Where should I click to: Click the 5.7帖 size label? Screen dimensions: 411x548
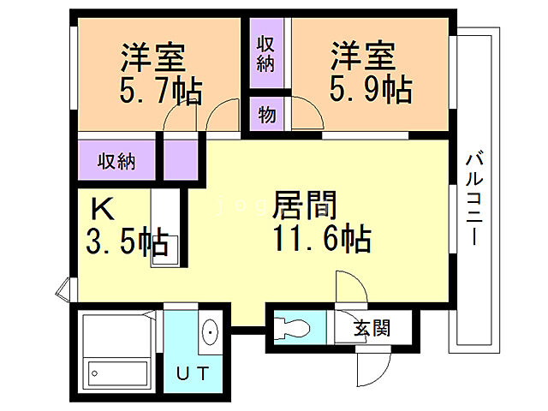(162, 89)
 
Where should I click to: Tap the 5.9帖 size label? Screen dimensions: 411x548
(371, 88)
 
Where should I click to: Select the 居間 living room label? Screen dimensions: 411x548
(305, 205)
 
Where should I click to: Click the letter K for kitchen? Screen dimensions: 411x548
(101, 208)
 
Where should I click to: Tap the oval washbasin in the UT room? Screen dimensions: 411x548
(210, 332)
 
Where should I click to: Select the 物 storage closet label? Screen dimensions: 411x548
(266, 114)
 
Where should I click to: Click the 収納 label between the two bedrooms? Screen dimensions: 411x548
(266, 53)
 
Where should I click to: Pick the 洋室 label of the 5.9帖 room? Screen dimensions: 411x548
(363, 57)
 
